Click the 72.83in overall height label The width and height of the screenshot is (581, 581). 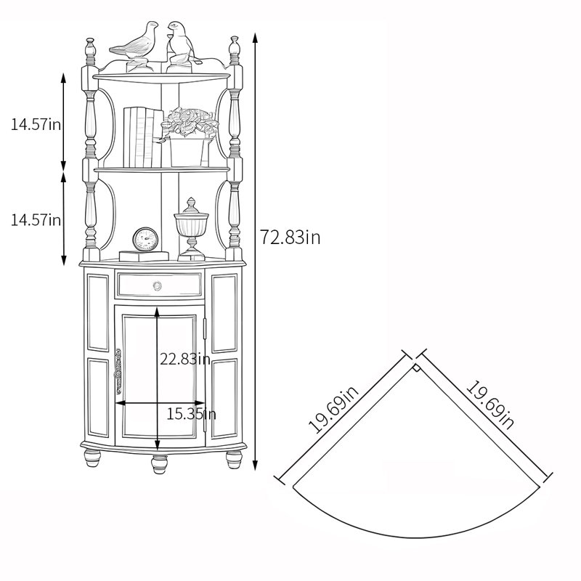point(290,237)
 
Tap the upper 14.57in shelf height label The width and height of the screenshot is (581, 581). point(36,124)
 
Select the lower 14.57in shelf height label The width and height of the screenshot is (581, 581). point(36,220)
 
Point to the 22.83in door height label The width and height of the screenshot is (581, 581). point(185,359)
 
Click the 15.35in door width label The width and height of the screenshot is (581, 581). point(191,413)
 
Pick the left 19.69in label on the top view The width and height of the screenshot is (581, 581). point(333,409)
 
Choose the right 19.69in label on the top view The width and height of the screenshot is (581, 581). point(489,405)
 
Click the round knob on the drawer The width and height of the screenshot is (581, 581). point(157,285)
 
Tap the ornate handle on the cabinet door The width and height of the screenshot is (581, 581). point(118,371)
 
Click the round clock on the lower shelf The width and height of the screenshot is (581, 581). point(145,239)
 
